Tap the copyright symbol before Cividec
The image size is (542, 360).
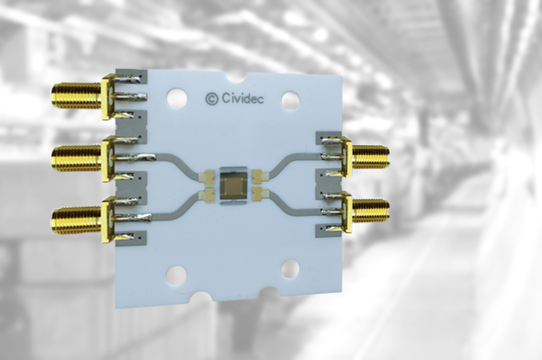[210, 96]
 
